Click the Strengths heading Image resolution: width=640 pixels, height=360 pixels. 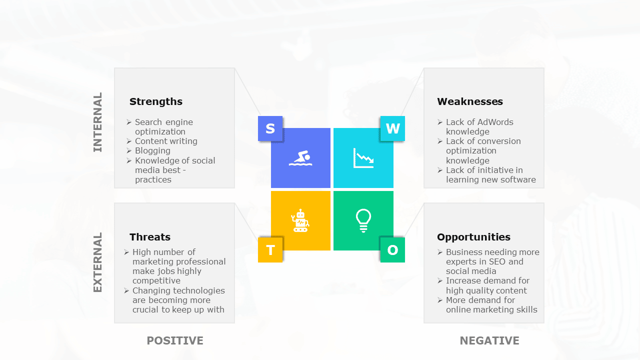pos(156,101)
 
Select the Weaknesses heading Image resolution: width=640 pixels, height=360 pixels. pos(469,101)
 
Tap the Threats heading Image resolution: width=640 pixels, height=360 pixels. pos(150,237)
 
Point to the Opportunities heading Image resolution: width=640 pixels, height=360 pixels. pos(473,237)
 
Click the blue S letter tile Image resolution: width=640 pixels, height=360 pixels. pos(270,128)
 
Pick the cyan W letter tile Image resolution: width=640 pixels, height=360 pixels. pos(392,128)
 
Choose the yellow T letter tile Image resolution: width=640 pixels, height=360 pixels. pos(270,250)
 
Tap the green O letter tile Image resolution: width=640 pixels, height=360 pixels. pos(392,250)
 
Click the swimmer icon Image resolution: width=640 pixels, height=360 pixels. pos(300,158)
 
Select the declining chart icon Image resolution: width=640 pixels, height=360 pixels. pos(363,158)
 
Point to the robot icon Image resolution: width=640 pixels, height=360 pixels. pos(300,220)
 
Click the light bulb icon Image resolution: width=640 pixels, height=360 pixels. pos(363,220)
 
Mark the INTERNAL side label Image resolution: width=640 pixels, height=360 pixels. pos(97,122)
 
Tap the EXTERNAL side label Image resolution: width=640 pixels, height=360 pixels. pos(97,262)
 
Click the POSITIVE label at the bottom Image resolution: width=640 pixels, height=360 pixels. pos(175,341)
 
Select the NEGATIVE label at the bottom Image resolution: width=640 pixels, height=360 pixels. pos(489,341)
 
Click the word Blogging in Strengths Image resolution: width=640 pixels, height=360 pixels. pos(152,150)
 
